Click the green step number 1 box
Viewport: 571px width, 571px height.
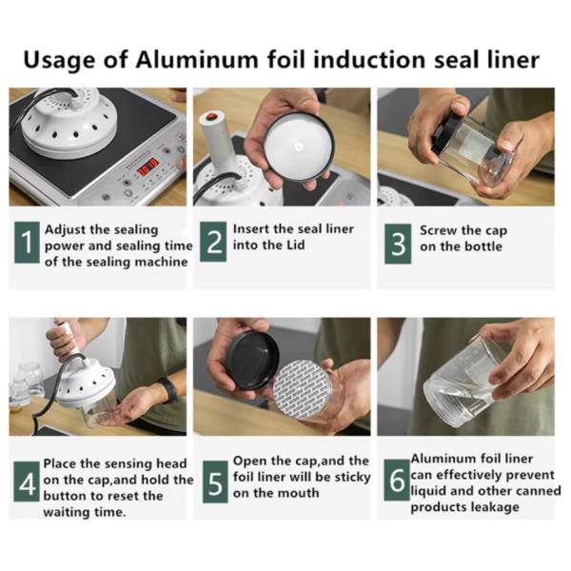(x=27, y=242)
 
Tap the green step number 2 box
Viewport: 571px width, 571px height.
(x=213, y=242)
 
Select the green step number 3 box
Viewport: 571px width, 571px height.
(x=398, y=244)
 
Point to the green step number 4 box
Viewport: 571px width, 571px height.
(x=27, y=482)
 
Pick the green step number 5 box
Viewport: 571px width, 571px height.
(x=215, y=482)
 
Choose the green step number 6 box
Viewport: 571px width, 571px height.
(x=397, y=480)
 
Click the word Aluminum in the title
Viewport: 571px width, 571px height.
(x=197, y=60)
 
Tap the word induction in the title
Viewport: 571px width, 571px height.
(x=369, y=60)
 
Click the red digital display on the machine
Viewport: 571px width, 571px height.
(x=148, y=166)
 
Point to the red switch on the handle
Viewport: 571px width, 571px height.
(x=211, y=116)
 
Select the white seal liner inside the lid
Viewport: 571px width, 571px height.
(x=298, y=147)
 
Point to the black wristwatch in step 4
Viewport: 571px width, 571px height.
(x=168, y=389)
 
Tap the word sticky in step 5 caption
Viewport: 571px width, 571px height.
(x=352, y=477)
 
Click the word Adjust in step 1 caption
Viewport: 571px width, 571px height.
(x=66, y=230)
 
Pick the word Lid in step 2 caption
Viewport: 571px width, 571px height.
(x=295, y=245)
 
